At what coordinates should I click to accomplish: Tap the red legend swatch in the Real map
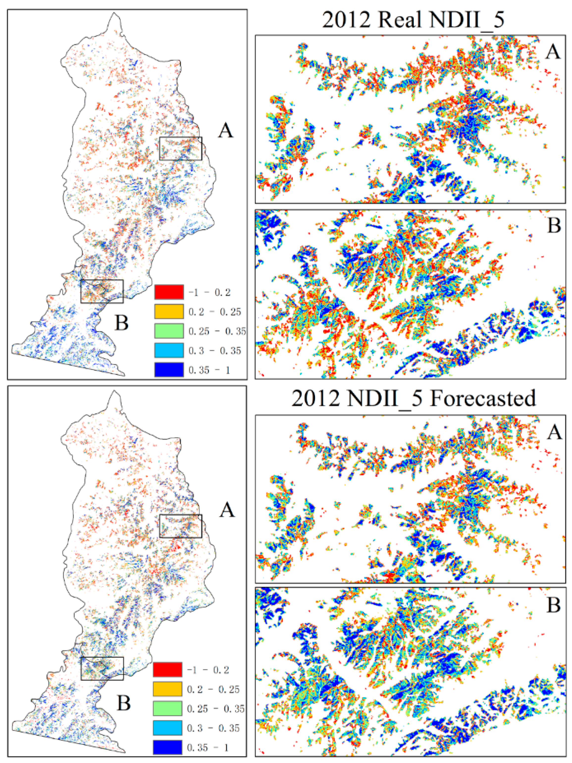click(169, 292)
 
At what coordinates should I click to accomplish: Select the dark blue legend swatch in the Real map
click(169, 370)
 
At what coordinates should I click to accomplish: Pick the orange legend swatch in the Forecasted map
click(167, 689)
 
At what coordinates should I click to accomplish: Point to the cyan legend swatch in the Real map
click(169, 351)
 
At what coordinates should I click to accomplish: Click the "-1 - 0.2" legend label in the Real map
click(209, 292)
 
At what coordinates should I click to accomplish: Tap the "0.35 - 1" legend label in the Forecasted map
click(208, 747)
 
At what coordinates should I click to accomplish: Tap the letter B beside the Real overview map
click(122, 323)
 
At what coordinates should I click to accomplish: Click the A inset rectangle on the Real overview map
click(181, 148)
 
